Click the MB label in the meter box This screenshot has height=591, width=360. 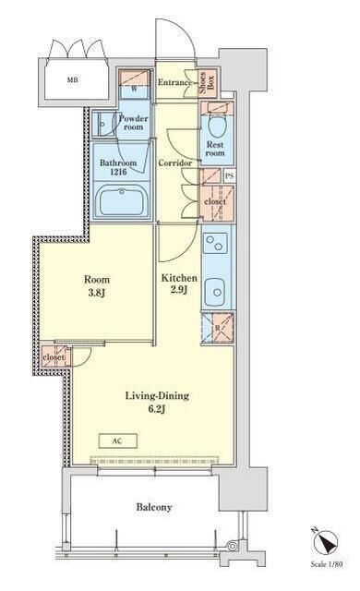click(72, 79)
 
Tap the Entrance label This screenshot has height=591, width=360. click(174, 82)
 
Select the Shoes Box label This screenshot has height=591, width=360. click(207, 82)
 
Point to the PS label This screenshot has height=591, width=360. click(229, 175)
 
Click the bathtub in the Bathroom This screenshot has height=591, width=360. click(121, 201)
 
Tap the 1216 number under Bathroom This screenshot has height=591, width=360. click(118, 173)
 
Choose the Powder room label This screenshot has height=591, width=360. click(133, 123)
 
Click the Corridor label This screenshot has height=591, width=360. click(174, 163)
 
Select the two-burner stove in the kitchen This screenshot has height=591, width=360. click(215, 243)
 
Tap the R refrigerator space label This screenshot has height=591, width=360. click(217, 328)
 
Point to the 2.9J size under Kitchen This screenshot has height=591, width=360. click(179, 290)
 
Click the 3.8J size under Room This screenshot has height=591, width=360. click(96, 292)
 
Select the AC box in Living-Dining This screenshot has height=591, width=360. click(118, 440)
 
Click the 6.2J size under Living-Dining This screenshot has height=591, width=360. click(157, 408)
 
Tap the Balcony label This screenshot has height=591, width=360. click(154, 507)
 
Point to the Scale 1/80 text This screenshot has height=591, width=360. click(327, 564)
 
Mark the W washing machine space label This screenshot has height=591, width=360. click(133, 89)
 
